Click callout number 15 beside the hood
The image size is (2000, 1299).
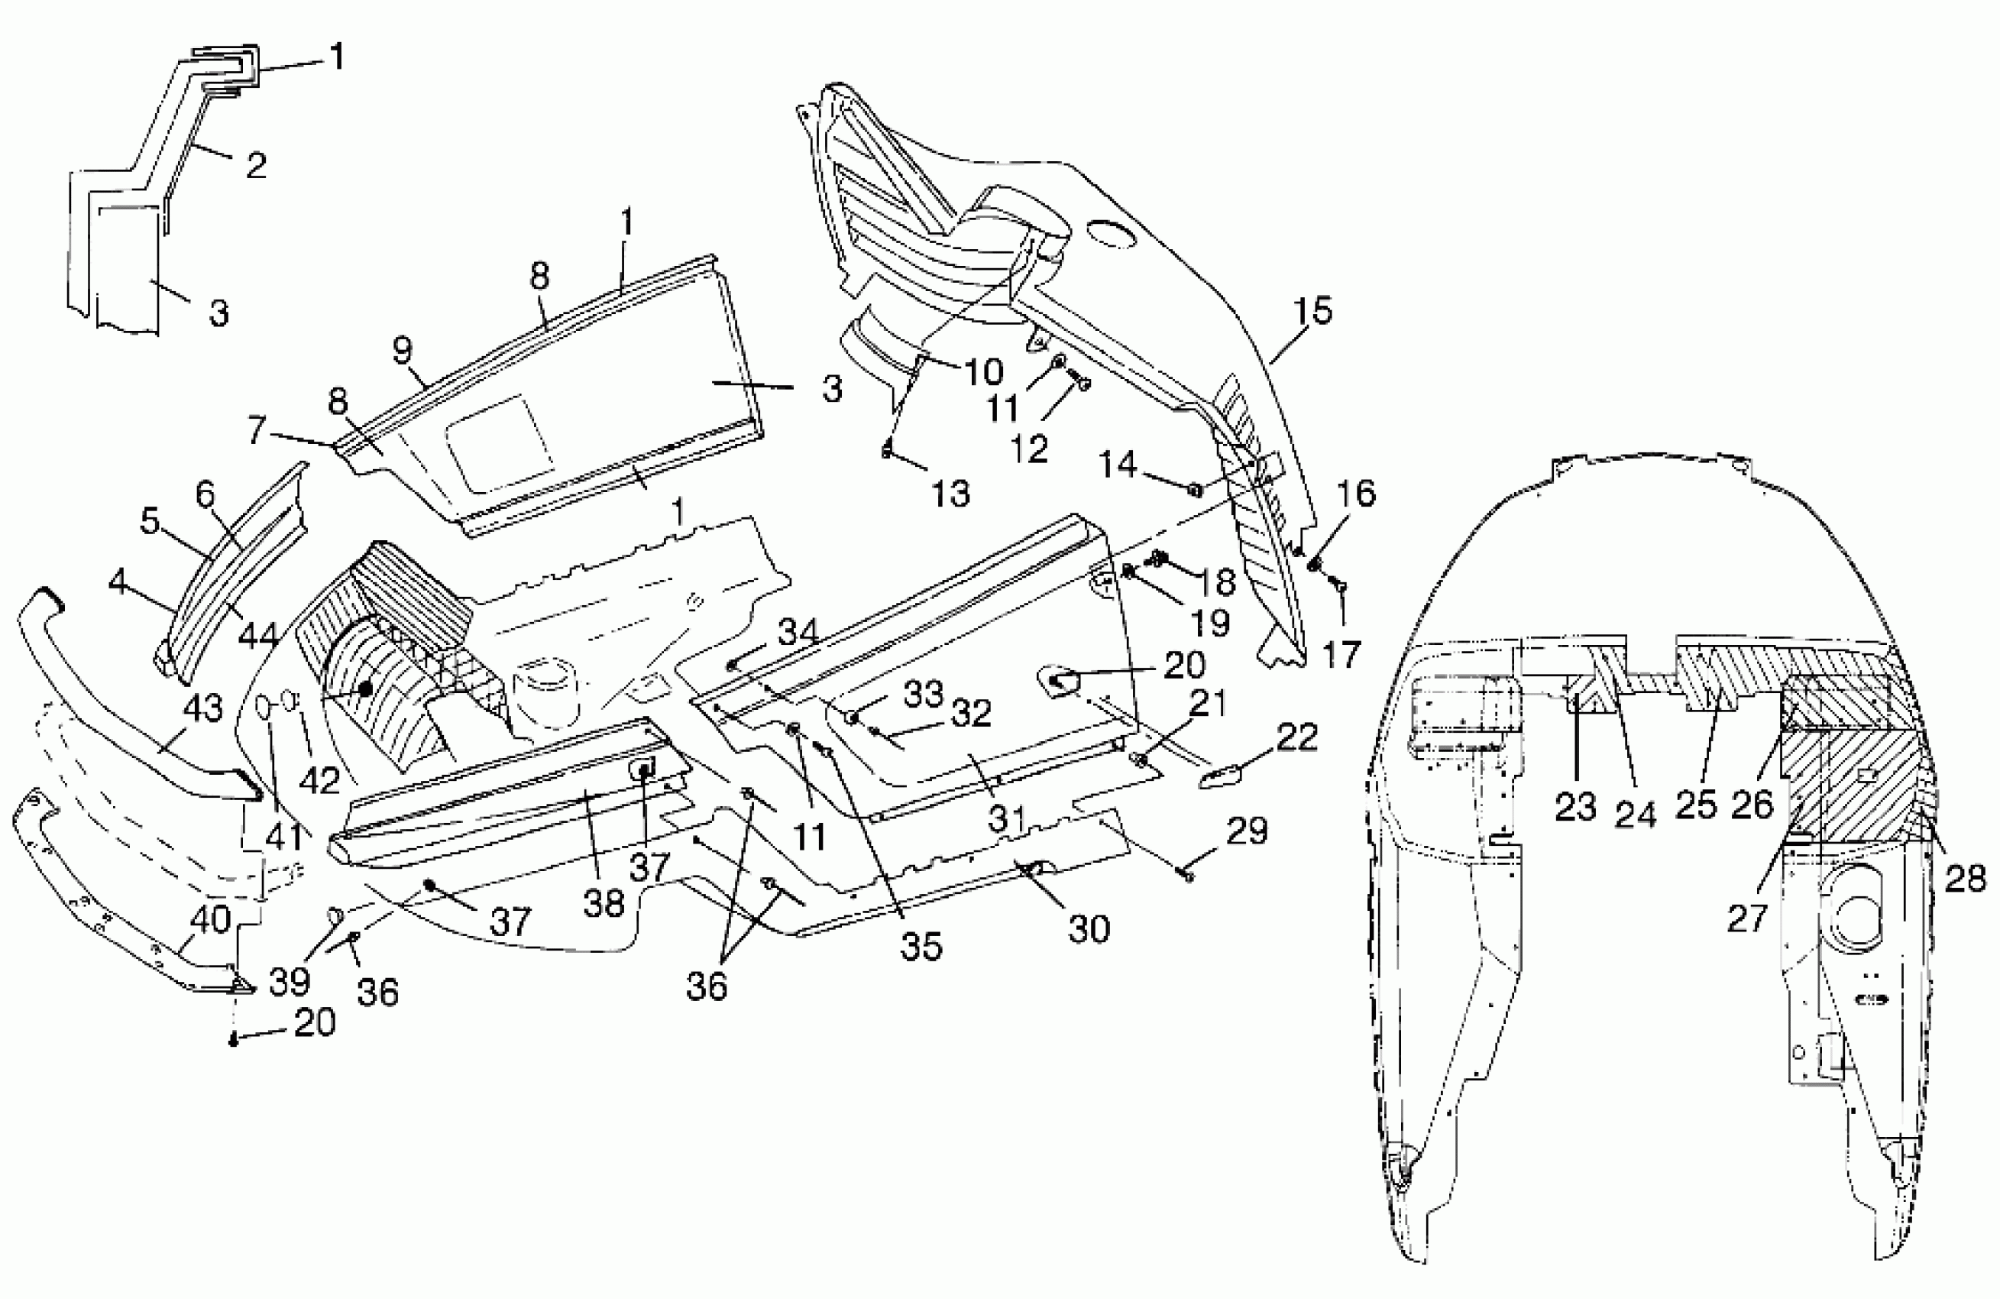(x=1313, y=311)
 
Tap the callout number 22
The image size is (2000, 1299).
(x=1296, y=737)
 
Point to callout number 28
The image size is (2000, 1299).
(x=1965, y=879)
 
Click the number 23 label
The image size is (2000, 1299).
(x=1574, y=806)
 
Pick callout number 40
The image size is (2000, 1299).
(x=210, y=919)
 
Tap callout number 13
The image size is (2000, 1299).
(x=950, y=493)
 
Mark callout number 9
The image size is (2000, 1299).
(x=403, y=351)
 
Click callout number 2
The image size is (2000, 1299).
(x=257, y=165)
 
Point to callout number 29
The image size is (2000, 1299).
(x=1247, y=831)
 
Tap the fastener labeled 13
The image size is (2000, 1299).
(x=885, y=452)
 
